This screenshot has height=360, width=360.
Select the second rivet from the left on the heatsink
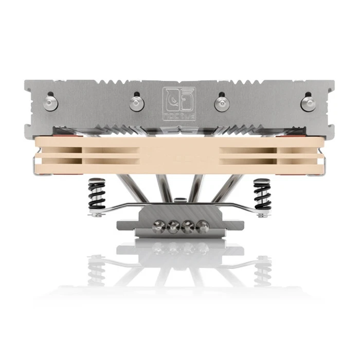pyautogui.click(x=136, y=102)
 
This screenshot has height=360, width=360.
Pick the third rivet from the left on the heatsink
pyautogui.click(x=221, y=102)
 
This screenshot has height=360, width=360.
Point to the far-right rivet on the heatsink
pyautogui.click(x=308, y=102)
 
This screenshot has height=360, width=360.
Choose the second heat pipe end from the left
pyautogui.click(x=172, y=227)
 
